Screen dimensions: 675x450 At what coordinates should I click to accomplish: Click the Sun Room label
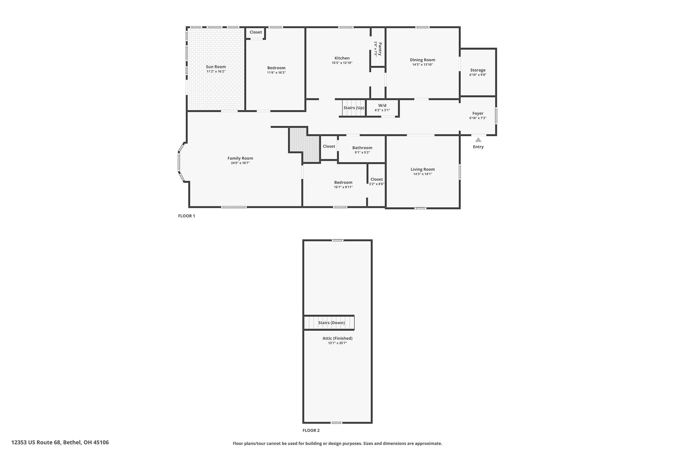tap(216, 67)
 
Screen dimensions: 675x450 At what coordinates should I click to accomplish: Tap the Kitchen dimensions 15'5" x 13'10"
tap(342, 63)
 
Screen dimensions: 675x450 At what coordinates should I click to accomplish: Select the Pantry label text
tap(380, 49)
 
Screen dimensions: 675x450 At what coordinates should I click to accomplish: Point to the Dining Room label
tap(423, 60)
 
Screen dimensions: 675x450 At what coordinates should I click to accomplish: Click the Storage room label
tap(478, 70)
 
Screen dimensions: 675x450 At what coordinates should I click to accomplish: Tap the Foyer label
tap(478, 113)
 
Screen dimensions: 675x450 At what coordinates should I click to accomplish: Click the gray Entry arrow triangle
tap(478, 140)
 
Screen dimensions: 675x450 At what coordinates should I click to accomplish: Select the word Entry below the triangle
tap(478, 147)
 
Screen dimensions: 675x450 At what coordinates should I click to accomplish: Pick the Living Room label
tap(423, 169)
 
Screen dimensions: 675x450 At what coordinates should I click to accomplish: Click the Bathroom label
tap(362, 148)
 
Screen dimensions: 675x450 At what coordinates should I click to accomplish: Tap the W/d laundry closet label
tap(382, 105)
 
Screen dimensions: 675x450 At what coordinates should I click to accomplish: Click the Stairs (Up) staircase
tap(354, 108)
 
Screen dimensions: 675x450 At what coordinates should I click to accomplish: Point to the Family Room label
tap(240, 158)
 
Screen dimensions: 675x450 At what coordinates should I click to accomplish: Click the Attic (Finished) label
tap(337, 338)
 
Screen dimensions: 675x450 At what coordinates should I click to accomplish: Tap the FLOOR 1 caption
tap(187, 216)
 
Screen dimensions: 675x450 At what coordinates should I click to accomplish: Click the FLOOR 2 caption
tap(311, 430)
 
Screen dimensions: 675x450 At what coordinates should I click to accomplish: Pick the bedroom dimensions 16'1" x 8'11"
tap(343, 187)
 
